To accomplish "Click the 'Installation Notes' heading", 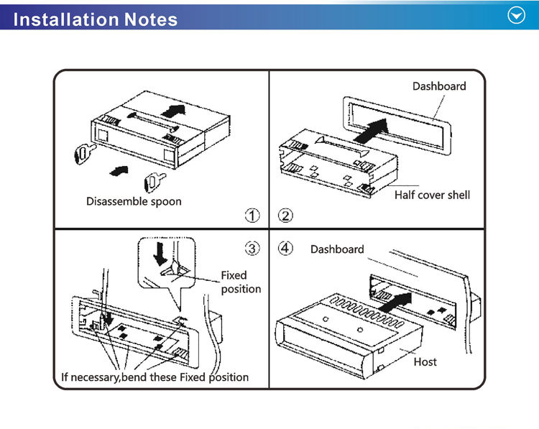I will (95, 18).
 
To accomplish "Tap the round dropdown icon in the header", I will (516, 16).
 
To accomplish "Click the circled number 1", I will (252, 215).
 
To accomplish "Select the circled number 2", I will (285, 215).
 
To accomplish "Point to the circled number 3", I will (252, 249).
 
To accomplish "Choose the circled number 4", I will (285, 249).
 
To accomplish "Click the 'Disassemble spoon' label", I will (134, 201).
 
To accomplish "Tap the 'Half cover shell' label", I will (432, 195).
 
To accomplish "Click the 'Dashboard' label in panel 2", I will (439, 86).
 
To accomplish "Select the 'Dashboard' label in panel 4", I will (337, 249).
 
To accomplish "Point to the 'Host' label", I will (425, 361).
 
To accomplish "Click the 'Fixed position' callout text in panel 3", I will (240, 282).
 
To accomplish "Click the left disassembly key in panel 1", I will (84, 152).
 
